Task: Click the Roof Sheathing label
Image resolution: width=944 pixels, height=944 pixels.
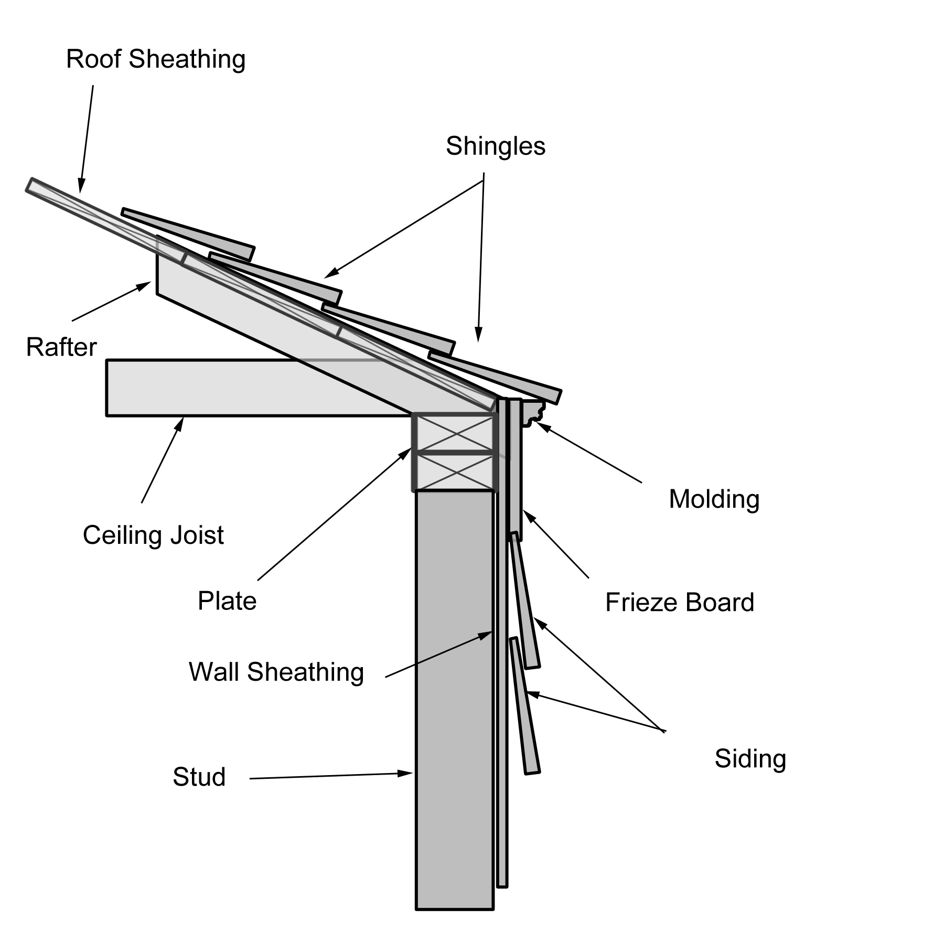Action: pyautogui.click(x=156, y=59)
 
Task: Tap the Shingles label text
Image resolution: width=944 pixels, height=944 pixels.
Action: pyautogui.click(x=495, y=146)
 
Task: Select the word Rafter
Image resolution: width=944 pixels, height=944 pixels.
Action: pyautogui.click(x=61, y=347)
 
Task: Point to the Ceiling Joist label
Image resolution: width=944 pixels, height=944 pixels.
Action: pyautogui.click(x=153, y=535)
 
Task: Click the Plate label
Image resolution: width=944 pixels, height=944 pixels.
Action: pyautogui.click(x=227, y=601)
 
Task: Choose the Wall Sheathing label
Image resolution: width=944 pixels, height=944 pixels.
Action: pyautogui.click(x=276, y=672)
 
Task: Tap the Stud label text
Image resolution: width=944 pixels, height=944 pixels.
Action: pyautogui.click(x=199, y=777)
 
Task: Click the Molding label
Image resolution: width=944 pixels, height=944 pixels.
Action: pyautogui.click(x=714, y=499)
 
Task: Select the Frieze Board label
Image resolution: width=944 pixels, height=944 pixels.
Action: pyautogui.click(x=680, y=603)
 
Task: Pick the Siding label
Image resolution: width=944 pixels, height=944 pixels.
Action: pyautogui.click(x=750, y=759)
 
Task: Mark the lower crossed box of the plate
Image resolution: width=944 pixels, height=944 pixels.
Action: pyautogui.click(x=454, y=471)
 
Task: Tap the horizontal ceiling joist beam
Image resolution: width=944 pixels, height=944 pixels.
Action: pyautogui.click(x=236, y=388)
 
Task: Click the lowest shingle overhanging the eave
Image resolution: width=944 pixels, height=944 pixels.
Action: pyautogui.click(x=496, y=377)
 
